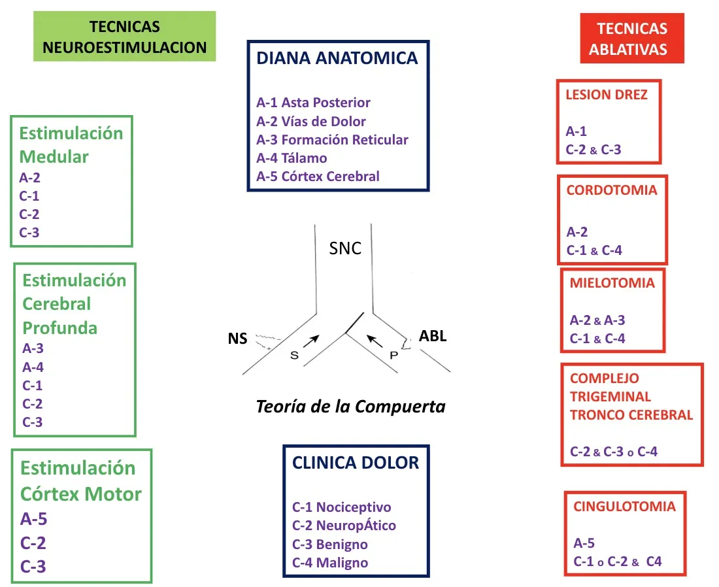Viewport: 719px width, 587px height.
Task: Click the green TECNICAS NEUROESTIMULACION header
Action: pyautogui.click(x=124, y=37)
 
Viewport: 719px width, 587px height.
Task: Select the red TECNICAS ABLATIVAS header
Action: pyautogui.click(x=631, y=39)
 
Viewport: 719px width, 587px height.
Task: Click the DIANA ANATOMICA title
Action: pyautogui.click(x=337, y=58)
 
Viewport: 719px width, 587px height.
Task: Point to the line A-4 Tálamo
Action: pyautogui.click(x=292, y=158)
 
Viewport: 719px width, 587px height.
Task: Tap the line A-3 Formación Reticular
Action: pyautogui.click(x=332, y=139)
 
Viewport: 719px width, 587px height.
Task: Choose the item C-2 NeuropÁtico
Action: pyautogui.click(x=344, y=526)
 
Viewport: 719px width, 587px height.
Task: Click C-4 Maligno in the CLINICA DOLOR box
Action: pyautogui.click(x=329, y=562)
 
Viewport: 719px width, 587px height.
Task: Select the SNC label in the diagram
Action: pyautogui.click(x=344, y=248)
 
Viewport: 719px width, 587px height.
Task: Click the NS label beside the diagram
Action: pyautogui.click(x=237, y=339)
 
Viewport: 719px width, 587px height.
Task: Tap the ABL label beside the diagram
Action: pyautogui.click(x=432, y=337)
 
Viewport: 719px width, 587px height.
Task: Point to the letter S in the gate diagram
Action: pyautogui.click(x=294, y=355)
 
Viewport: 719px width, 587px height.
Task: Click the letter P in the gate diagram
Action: pyautogui.click(x=393, y=355)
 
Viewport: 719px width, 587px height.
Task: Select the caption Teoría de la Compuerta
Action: pyautogui.click(x=350, y=407)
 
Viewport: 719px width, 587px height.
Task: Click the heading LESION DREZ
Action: pyautogui.click(x=606, y=95)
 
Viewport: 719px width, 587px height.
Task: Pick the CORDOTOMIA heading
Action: pyautogui.click(x=611, y=191)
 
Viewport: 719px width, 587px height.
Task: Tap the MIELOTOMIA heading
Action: pyautogui.click(x=612, y=283)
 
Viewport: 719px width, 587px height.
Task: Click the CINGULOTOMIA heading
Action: pyautogui.click(x=624, y=507)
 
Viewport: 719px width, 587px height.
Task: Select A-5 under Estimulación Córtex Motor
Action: pyautogui.click(x=33, y=518)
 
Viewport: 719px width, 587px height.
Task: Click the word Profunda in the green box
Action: pyautogui.click(x=59, y=327)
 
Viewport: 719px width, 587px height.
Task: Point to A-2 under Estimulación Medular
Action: pyautogui.click(x=29, y=176)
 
